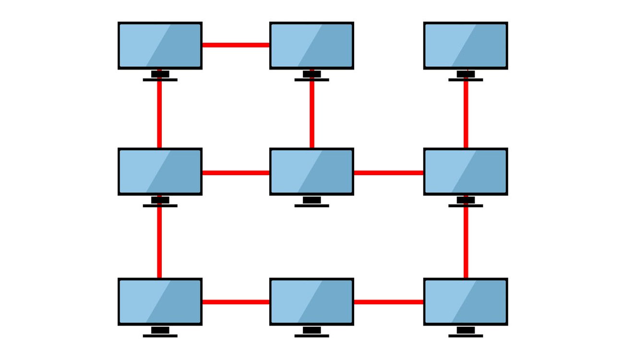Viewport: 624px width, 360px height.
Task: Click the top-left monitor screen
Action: [x=160, y=45]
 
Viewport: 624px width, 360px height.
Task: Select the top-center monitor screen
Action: [x=312, y=45]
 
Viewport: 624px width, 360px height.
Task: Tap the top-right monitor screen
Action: [x=466, y=45]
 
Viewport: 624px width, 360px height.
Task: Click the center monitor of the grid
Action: [x=312, y=171]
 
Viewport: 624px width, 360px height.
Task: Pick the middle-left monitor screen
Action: [x=160, y=171]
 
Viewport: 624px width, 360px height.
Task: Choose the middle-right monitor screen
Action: [x=466, y=171]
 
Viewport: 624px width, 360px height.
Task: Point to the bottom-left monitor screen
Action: [x=160, y=301]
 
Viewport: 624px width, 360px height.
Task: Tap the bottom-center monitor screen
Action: [x=312, y=301]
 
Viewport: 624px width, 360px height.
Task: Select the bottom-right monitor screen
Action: [x=466, y=301]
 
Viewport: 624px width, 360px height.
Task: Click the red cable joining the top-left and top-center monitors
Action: [x=236, y=45]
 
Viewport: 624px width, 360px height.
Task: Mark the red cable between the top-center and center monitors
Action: [x=312, y=114]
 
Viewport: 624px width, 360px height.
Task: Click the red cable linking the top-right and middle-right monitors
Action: [x=466, y=114]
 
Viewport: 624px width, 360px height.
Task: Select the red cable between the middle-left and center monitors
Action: [x=236, y=172]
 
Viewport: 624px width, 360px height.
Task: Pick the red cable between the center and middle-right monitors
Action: [x=388, y=172]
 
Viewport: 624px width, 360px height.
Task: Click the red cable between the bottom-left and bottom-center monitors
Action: [x=236, y=302]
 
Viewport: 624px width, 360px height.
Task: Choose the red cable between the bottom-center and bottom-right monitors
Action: [x=388, y=302]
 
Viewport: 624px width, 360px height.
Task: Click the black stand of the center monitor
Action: [x=312, y=201]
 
